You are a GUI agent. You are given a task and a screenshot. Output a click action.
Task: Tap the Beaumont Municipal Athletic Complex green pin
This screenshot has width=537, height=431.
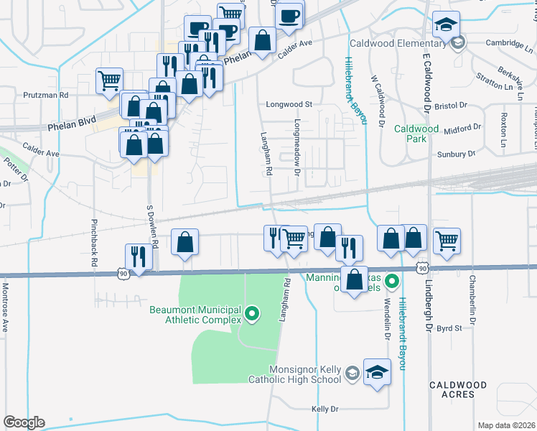[x=252, y=313]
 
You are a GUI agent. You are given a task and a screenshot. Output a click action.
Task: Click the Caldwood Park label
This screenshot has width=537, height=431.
[x=416, y=134]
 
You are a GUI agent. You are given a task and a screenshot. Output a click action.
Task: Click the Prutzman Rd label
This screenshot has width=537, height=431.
[x=45, y=94]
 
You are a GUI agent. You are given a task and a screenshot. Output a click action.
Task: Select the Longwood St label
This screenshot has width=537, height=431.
[x=289, y=104]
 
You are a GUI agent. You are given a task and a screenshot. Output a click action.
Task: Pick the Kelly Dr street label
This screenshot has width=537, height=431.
[x=324, y=409]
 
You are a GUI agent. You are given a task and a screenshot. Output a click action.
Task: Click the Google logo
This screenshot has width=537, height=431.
[x=24, y=422]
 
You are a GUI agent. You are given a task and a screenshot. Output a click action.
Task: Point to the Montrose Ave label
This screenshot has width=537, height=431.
[x=5, y=307]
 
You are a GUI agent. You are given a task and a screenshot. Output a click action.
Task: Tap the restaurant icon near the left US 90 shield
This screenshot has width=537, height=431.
[x=138, y=256]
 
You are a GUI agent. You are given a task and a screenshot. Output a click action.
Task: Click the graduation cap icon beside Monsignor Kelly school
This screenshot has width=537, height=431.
[x=377, y=371]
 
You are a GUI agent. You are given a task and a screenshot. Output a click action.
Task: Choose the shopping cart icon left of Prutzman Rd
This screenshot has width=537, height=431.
[x=108, y=80]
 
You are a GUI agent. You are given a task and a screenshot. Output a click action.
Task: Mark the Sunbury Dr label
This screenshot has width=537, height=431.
[x=457, y=154]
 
